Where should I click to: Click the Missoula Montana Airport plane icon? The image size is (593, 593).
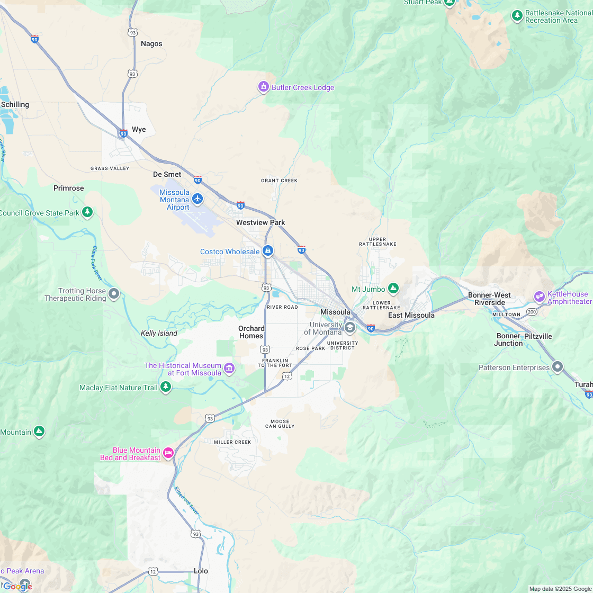pyautogui.click(x=197, y=199)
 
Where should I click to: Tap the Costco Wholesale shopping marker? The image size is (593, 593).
pyautogui.click(x=268, y=251)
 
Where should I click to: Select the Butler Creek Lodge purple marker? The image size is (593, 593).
pyautogui.click(x=264, y=87)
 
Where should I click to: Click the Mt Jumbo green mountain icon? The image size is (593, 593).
pyautogui.click(x=393, y=289)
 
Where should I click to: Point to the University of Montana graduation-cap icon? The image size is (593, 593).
pyautogui.click(x=349, y=328)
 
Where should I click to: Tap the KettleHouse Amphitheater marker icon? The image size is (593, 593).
pyautogui.click(x=540, y=296)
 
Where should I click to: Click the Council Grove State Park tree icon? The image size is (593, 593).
pyautogui.click(x=88, y=213)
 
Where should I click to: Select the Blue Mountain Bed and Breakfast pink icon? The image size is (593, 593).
pyautogui.click(x=168, y=453)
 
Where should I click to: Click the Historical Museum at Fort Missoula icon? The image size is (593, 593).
pyautogui.click(x=229, y=368)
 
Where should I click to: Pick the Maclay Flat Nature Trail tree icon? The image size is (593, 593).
pyautogui.click(x=166, y=388)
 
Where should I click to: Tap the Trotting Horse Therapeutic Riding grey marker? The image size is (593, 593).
pyautogui.click(x=114, y=293)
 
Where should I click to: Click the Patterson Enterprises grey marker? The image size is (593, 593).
pyautogui.click(x=558, y=367)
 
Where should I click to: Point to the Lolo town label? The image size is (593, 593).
pyautogui.click(x=201, y=571)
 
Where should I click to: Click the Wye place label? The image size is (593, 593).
pyautogui.click(x=139, y=129)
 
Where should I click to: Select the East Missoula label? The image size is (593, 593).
pyautogui.click(x=411, y=315)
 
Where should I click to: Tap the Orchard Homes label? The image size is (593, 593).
pyautogui.click(x=251, y=332)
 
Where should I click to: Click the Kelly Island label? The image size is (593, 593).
pyautogui.click(x=159, y=333)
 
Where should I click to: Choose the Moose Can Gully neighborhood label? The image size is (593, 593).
pyautogui.click(x=280, y=424)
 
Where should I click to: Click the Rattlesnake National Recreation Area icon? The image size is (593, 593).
pyautogui.click(x=517, y=16)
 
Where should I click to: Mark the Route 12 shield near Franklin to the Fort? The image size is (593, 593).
pyautogui.click(x=287, y=375)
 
